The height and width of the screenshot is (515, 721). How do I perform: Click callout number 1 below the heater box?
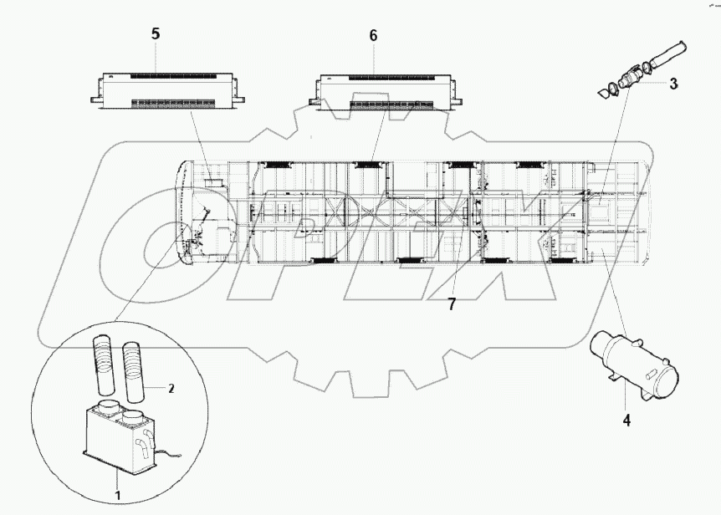point(118,473)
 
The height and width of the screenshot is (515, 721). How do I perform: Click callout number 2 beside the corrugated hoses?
point(171,388)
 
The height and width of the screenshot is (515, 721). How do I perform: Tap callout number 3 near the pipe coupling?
point(673,84)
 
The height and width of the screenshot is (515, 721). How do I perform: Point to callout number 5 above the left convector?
point(156,34)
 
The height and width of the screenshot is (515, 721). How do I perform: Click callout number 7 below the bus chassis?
point(452,304)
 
